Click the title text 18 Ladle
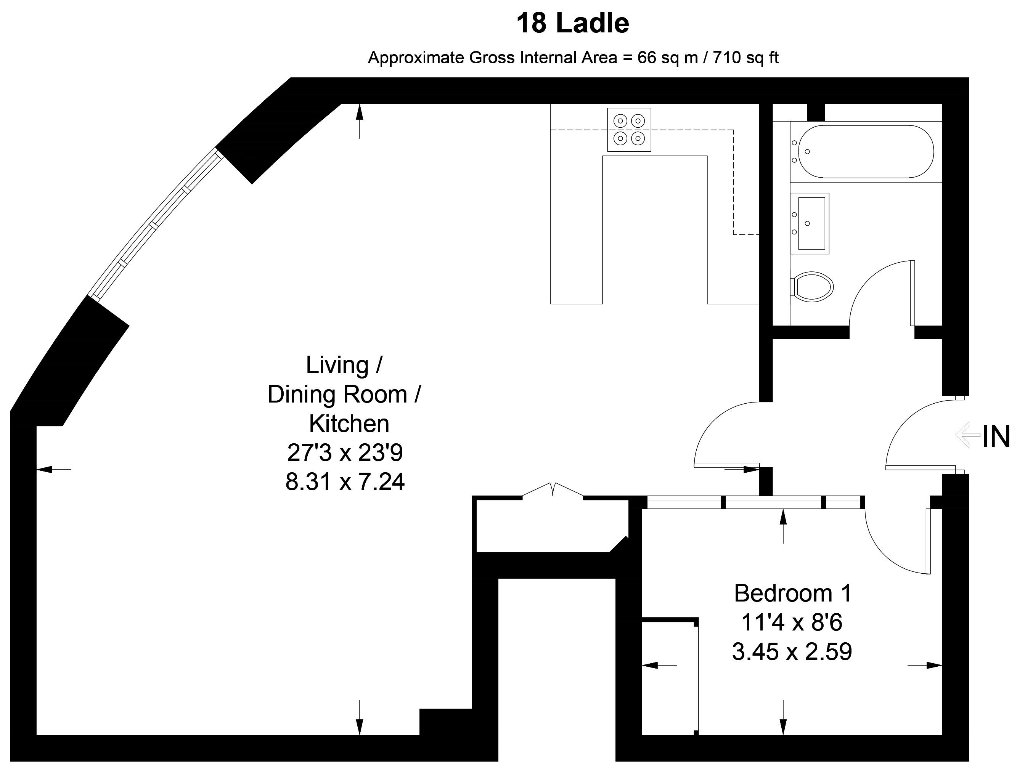pyautogui.click(x=572, y=23)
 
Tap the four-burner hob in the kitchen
pyautogui.click(x=629, y=130)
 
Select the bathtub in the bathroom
pyautogui.click(x=866, y=151)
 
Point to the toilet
pyautogui.click(x=811, y=287)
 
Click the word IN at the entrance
pyautogui.click(x=996, y=437)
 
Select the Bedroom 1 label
pyautogui.click(x=793, y=593)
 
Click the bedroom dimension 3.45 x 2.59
pyautogui.click(x=792, y=651)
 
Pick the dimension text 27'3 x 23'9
pyautogui.click(x=345, y=452)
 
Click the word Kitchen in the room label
pyautogui.click(x=349, y=423)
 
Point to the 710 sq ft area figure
pyautogui.click(x=745, y=58)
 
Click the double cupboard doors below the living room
pyautogui.click(x=553, y=490)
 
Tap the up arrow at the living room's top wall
pyautogui.click(x=360, y=121)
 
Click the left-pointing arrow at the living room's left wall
pyautogui.click(x=54, y=470)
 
